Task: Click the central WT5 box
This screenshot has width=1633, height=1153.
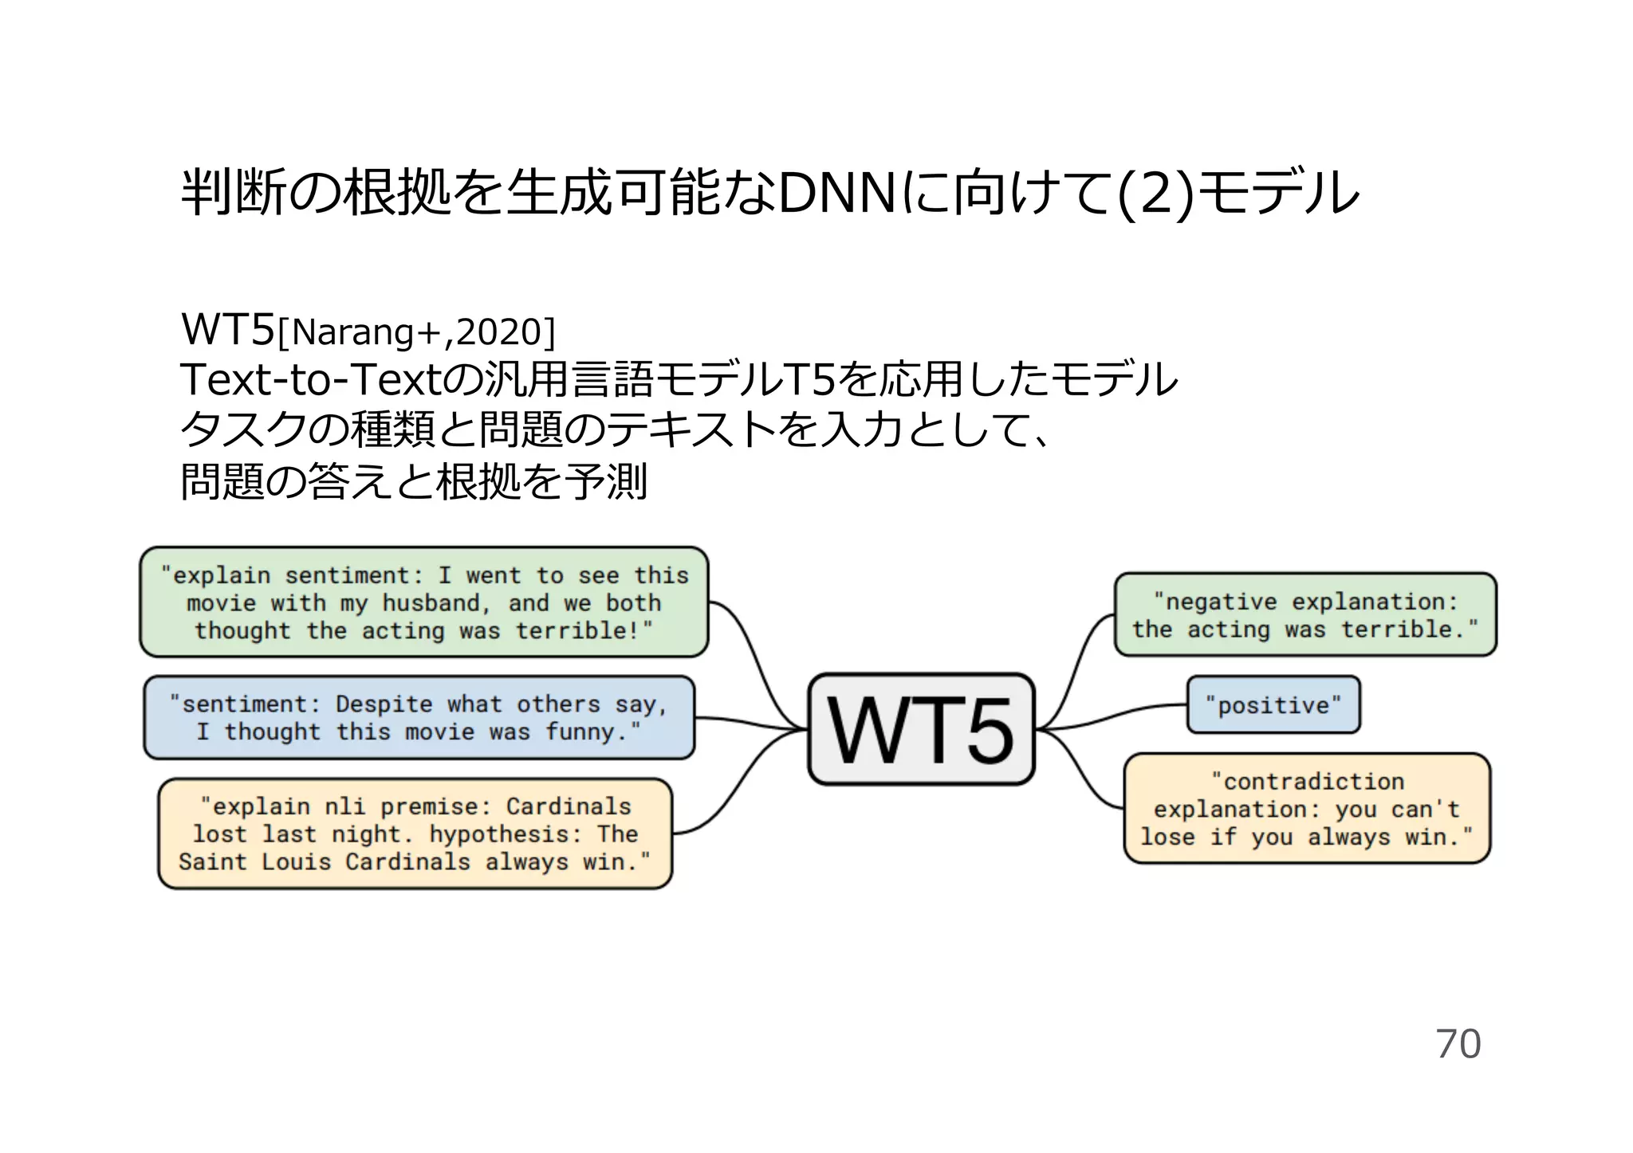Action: tap(921, 729)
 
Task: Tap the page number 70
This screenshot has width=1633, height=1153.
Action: tap(1458, 1044)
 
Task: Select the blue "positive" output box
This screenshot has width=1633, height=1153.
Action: tap(1273, 705)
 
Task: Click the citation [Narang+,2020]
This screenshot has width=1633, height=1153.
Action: tap(415, 332)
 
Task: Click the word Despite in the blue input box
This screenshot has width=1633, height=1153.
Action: tap(384, 704)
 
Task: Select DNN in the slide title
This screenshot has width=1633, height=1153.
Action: tap(837, 194)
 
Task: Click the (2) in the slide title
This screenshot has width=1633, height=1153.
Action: tap(1156, 194)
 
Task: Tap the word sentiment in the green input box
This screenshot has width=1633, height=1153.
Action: tap(347, 575)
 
